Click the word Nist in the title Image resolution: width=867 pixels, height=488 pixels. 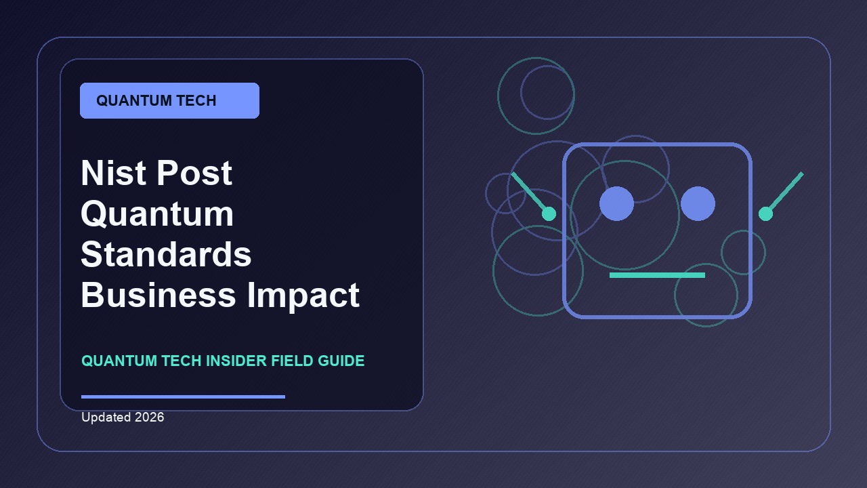[113, 173]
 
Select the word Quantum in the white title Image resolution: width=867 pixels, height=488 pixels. [157, 215]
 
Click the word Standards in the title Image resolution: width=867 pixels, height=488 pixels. [166, 254]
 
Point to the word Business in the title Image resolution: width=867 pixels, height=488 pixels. [158, 295]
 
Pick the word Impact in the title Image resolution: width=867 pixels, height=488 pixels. [303, 296]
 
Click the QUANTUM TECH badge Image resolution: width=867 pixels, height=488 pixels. [169, 100]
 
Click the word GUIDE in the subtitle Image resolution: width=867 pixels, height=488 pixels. [341, 361]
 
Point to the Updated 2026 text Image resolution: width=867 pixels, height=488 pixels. [123, 417]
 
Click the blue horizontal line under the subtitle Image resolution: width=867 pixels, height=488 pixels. [183, 396]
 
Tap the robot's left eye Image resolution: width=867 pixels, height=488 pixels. [616, 204]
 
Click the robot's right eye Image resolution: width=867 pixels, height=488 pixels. [698, 204]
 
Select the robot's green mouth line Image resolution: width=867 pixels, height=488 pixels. [657, 275]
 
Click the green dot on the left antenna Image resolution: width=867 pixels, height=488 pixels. [549, 213]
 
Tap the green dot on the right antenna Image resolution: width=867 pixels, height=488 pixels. [765, 213]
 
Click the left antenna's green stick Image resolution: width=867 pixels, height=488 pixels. [530, 192]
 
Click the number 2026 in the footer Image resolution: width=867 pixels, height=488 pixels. [150, 417]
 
